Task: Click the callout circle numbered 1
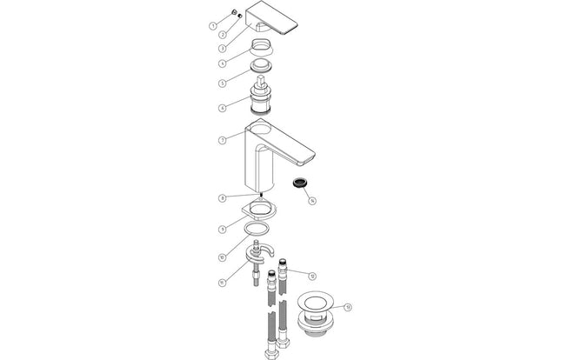[212, 26]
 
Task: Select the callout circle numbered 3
[223, 48]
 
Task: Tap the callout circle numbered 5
[223, 83]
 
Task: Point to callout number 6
[223, 108]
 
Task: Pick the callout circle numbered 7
[223, 139]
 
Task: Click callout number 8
[223, 198]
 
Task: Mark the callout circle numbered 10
[223, 258]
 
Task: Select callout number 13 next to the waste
[348, 306]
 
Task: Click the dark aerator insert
[298, 183]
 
